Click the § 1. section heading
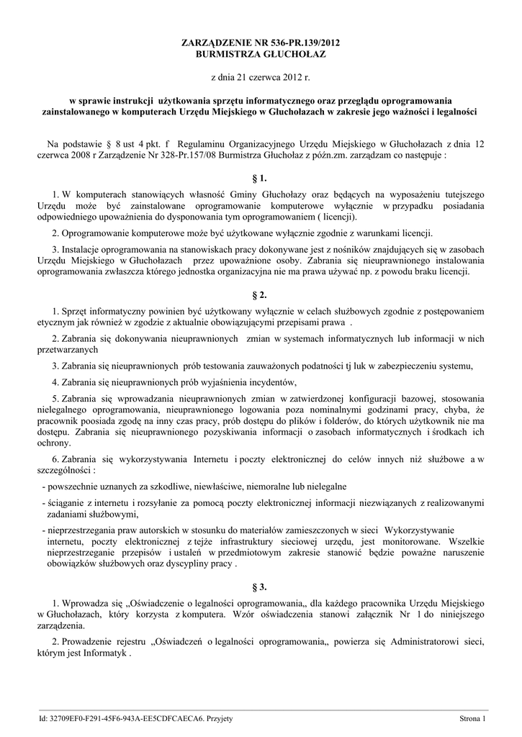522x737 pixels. pos(261,177)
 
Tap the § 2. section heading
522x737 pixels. pos(261,296)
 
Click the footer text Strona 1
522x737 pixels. pos(474,718)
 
